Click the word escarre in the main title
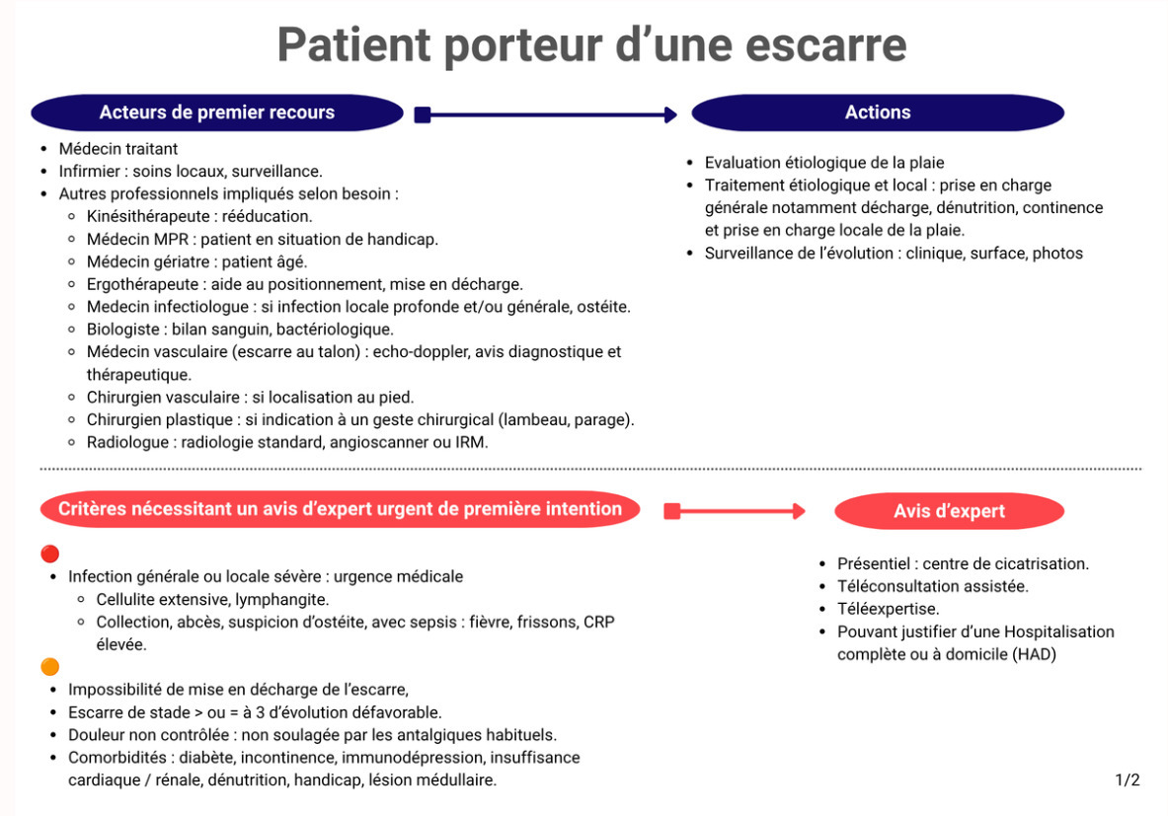825,44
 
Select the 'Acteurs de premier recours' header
217,112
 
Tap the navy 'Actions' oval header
878,112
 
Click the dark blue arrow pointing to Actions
546,114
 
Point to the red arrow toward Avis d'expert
735,511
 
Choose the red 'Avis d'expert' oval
949,511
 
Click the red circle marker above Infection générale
50,554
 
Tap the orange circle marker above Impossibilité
50,666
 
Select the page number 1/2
1128,779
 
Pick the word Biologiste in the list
122,330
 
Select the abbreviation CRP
599,622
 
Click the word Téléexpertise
888,609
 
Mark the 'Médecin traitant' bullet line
118,149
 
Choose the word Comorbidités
117,757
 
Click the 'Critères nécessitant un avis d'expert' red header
340,509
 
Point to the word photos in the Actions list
1057,254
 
